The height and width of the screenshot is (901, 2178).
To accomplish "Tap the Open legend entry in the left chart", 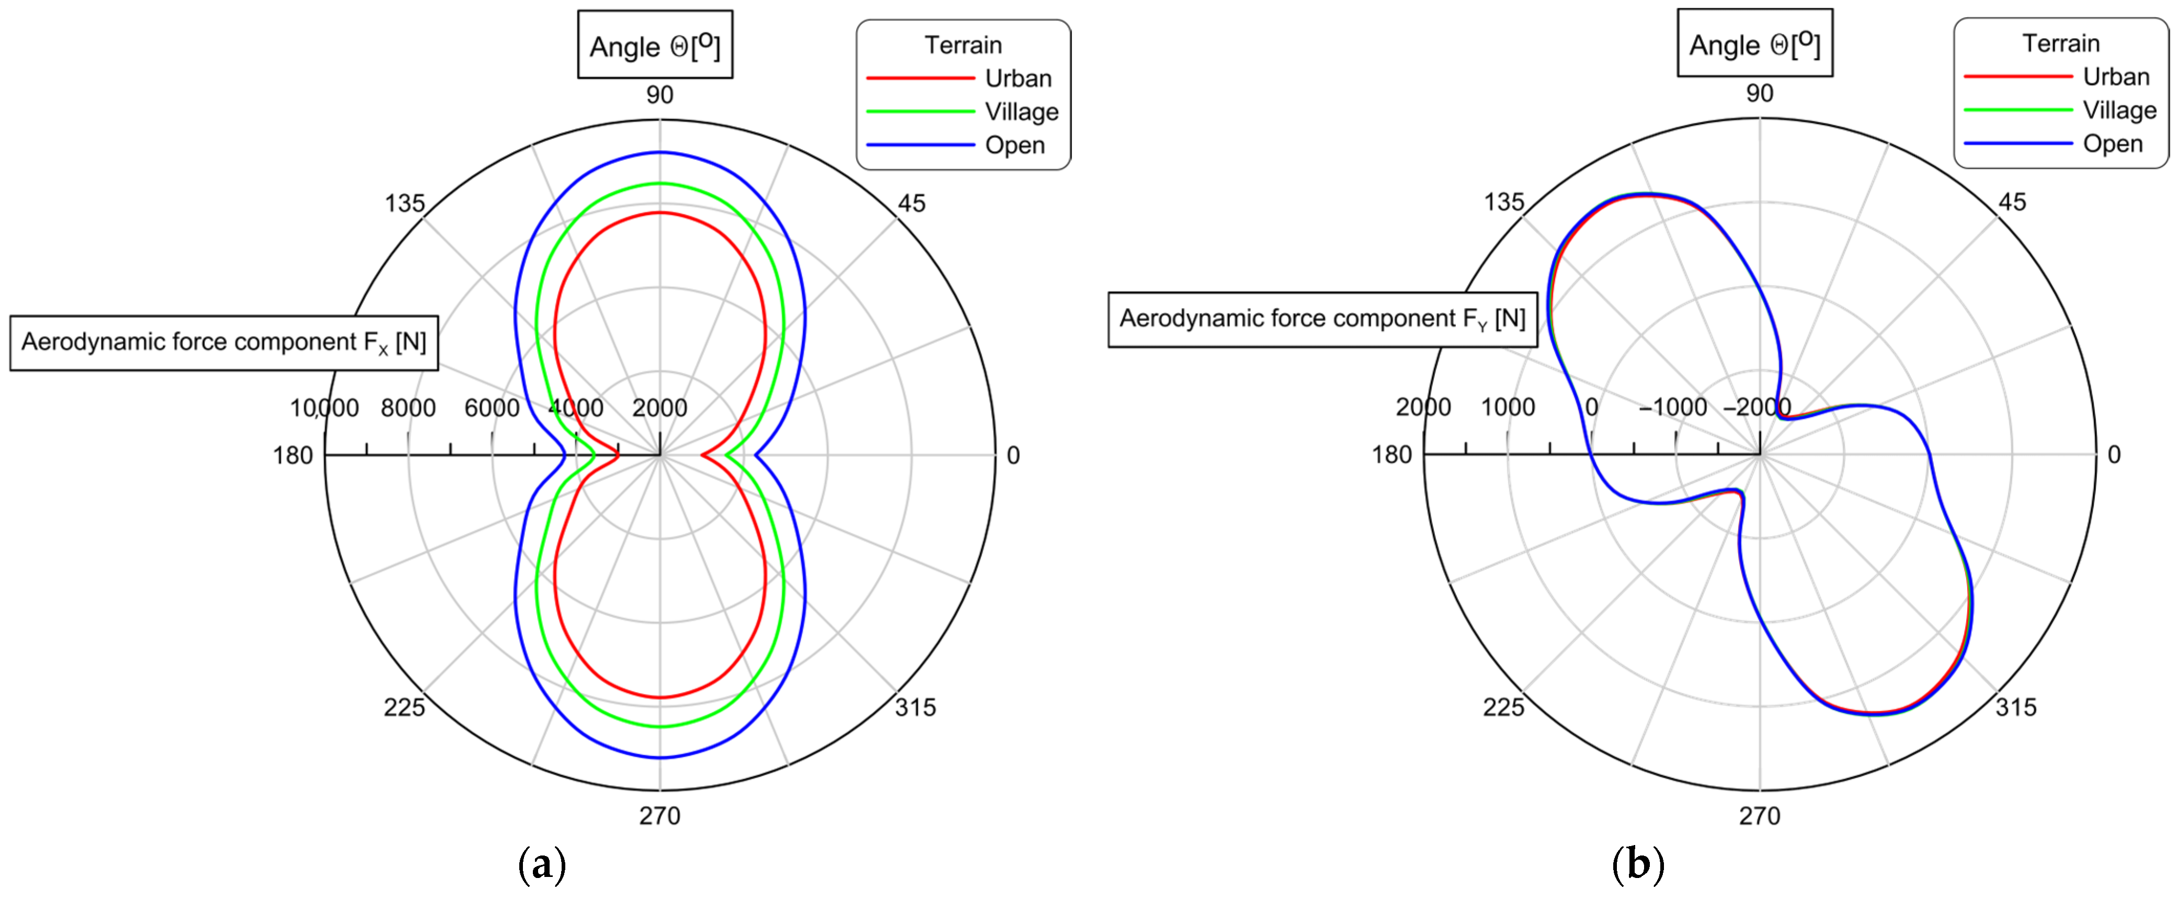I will click(x=1014, y=145).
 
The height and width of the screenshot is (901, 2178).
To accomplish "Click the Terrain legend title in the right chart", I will click(x=2060, y=43).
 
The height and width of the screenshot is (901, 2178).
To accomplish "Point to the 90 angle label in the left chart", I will click(x=659, y=95).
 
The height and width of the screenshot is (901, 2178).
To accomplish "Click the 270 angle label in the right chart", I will click(x=1760, y=816).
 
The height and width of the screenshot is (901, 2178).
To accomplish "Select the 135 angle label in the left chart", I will click(x=405, y=204).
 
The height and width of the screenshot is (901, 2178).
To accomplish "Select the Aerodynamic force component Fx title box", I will click(x=224, y=343).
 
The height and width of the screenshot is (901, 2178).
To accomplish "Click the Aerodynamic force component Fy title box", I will click(x=1322, y=318).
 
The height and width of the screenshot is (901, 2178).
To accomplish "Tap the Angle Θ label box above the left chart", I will click(x=655, y=45).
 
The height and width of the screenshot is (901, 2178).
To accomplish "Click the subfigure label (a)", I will click(x=541, y=864).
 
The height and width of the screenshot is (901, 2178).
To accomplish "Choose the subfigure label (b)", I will click(x=1638, y=864).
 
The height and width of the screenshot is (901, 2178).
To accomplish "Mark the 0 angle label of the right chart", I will click(x=2113, y=455).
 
